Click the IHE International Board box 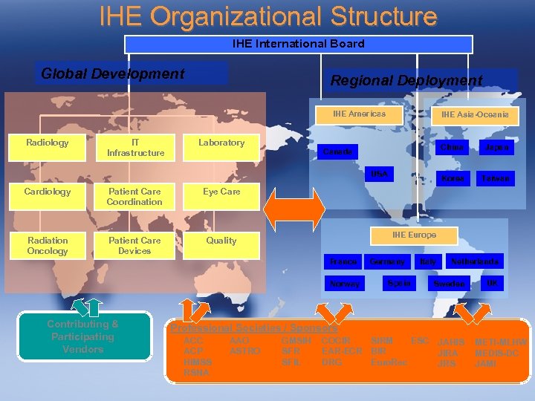[298, 44]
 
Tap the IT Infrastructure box [135, 147]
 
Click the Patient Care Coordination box [134, 196]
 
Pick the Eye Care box [221, 192]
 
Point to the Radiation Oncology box [48, 245]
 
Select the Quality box [221, 241]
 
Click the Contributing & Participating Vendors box [82, 336]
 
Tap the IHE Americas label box [360, 114]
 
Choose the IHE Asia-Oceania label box [475, 115]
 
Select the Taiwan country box [495, 179]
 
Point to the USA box [379, 175]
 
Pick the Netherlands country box [474, 261]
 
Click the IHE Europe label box [414, 235]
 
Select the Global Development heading [113, 74]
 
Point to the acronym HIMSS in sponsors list [198, 362]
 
